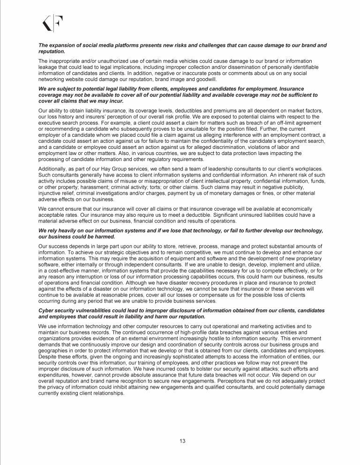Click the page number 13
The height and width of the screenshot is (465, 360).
180,440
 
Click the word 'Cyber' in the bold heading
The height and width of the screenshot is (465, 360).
47,310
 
